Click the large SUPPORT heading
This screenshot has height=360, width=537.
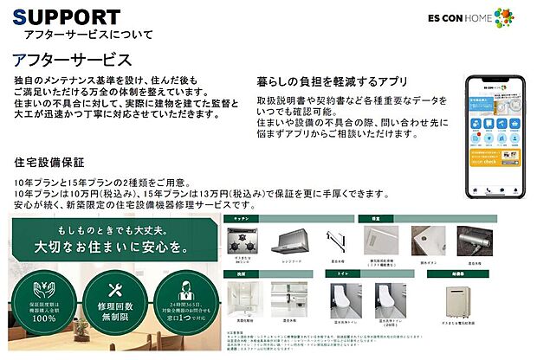(x=67, y=16)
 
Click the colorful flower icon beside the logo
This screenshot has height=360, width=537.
(x=504, y=16)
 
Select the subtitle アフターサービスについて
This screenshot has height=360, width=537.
(x=88, y=35)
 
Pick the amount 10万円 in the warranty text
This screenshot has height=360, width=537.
(x=112, y=194)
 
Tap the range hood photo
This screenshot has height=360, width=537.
(x=292, y=243)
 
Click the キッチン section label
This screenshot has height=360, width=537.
(x=241, y=220)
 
